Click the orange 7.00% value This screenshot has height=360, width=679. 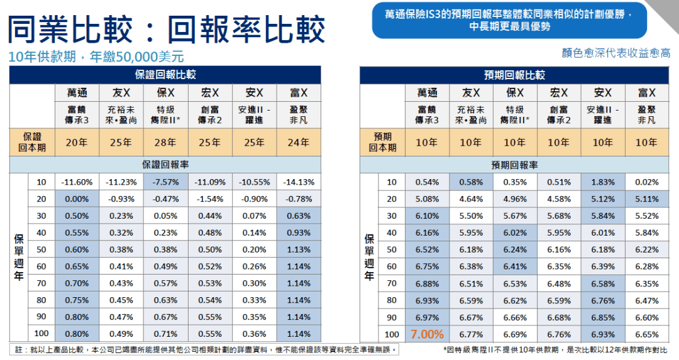click(427, 334)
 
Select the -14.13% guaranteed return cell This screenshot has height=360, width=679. click(299, 182)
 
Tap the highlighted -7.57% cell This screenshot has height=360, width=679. click(166, 182)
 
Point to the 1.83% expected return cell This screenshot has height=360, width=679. click(603, 182)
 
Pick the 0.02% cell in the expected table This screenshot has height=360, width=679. click(647, 182)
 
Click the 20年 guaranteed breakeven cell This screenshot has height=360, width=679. click(77, 143)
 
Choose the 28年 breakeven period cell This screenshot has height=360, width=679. click(166, 143)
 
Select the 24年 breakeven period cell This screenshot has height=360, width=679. click(299, 143)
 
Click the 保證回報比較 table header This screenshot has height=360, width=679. click(165, 75)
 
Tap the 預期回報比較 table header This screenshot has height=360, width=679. click(514, 75)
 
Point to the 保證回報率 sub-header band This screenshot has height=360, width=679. click(165, 165)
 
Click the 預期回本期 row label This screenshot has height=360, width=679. click(382, 143)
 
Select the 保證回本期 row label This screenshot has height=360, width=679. click(32, 143)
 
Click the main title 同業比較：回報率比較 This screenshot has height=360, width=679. click(166, 28)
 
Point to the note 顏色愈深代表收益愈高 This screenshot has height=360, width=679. click(616, 53)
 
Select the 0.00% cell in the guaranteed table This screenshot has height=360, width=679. click(77, 199)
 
